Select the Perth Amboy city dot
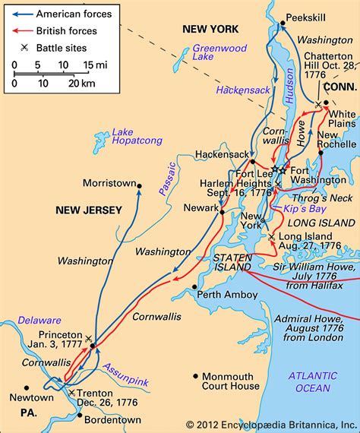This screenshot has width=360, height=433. point(194,289)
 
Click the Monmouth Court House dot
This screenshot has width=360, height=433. point(196,376)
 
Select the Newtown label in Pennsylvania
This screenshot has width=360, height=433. point(33,397)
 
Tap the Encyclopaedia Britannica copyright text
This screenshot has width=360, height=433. point(262,424)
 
